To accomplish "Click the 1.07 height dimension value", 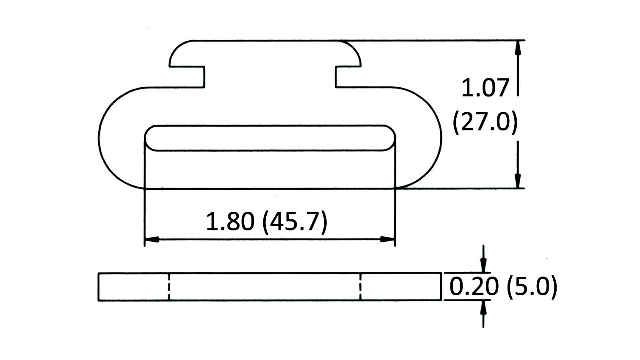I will tap(485, 89).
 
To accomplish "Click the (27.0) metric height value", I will tap(485, 123).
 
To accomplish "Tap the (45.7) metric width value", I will tap(295, 222).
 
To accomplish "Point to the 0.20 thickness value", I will tap(473, 287).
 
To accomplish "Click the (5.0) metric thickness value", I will tap(532, 287).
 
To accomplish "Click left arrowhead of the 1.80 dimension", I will tap(152, 239).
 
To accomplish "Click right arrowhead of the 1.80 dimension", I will tap(388, 239).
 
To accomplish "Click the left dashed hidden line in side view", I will tap(168, 287).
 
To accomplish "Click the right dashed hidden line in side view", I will tap(360, 287).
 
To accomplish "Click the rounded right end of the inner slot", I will tap(393, 138).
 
